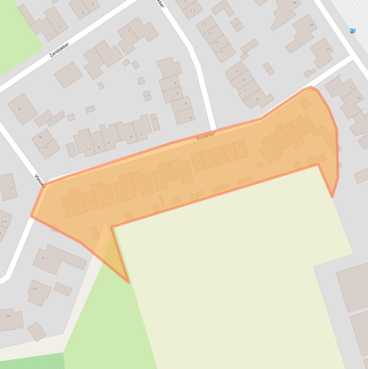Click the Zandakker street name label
point(59,50)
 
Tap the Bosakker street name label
point(206,136)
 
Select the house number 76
point(19,109)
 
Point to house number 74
point(40,138)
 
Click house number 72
point(46,148)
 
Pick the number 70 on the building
point(43,258)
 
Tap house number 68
point(35,289)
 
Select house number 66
point(9,316)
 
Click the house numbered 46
point(295,3)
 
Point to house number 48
point(311,25)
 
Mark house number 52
point(353,88)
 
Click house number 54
point(358,98)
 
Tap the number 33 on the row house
point(236,71)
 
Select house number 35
point(243,80)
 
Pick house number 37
point(245,91)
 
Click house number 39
point(257,99)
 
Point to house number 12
point(49,35)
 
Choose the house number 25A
point(4,222)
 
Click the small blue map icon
point(353,31)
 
